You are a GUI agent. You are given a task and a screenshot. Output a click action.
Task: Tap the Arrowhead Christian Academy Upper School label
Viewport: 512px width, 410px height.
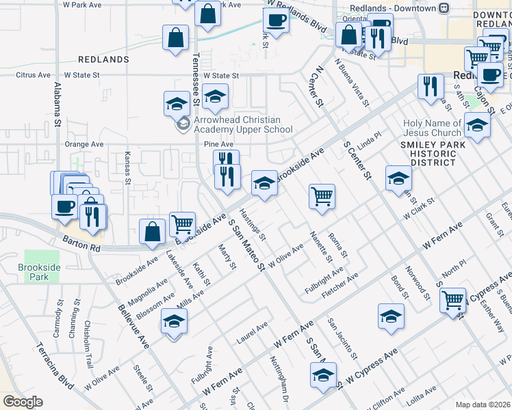(x=243, y=124)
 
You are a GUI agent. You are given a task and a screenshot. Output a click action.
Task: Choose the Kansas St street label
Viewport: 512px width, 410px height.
(x=128, y=168)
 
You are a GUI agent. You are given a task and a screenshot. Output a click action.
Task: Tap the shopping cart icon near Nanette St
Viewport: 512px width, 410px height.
(x=322, y=197)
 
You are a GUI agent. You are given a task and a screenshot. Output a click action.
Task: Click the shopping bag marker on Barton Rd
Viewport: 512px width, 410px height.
(x=152, y=232)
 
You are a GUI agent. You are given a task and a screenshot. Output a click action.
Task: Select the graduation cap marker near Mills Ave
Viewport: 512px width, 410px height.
(x=174, y=321)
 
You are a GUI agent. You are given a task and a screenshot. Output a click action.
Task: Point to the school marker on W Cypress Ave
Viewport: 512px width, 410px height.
(x=323, y=375)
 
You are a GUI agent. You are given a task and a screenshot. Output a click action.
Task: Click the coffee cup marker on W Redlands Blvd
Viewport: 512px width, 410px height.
(x=276, y=20)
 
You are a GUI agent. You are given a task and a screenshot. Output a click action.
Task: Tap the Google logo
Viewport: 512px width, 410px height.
(x=23, y=402)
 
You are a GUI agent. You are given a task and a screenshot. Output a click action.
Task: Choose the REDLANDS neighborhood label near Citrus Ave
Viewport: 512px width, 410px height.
(x=103, y=59)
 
